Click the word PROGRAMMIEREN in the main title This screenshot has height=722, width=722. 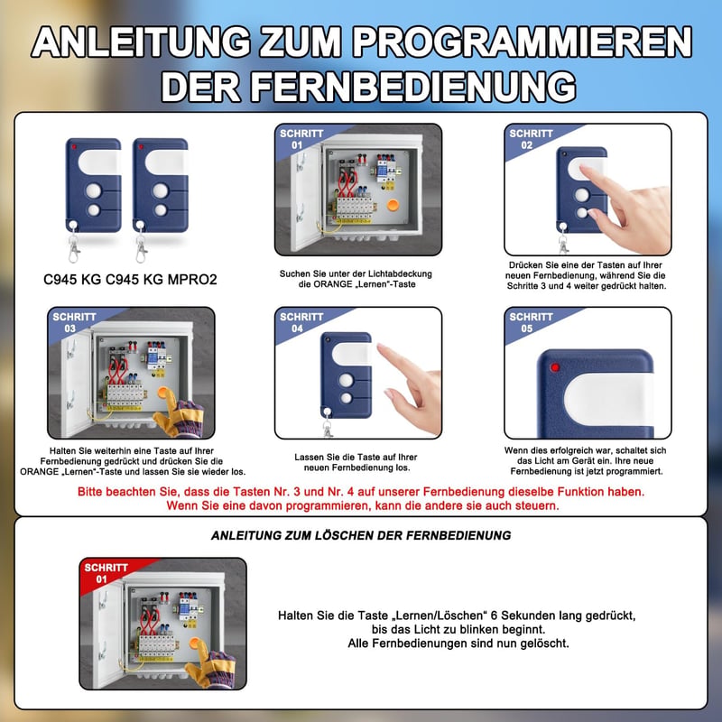coord(523,42)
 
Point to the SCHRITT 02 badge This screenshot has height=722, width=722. coord(531,139)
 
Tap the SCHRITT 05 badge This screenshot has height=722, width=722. coord(531,322)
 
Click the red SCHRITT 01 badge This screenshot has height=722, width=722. coord(106,573)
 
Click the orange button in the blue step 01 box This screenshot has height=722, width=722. coord(393,205)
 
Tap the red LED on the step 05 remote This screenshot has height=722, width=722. coord(555,367)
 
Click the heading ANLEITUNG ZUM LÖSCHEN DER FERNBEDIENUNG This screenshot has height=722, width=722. coord(361,535)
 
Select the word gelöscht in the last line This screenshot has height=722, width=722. coord(545,643)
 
